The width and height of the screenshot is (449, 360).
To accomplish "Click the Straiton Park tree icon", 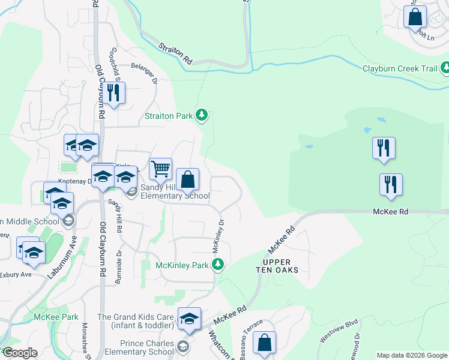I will pyautogui.click(x=203, y=115).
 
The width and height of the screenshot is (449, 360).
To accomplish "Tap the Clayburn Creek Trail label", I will pyautogui.click(x=400, y=68).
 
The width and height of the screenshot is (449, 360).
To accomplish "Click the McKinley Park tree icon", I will pyautogui.click(x=220, y=265).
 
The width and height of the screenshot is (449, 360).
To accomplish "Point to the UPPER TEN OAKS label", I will pyautogui.click(x=277, y=266).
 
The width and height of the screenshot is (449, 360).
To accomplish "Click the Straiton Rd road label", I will pyautogui.click(x=175, y=53).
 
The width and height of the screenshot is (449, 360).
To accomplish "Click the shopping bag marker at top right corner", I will pyautogui.click(x=415, y=17).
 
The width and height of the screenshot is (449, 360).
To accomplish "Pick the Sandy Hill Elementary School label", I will pyautogui.click(x=171, y=191).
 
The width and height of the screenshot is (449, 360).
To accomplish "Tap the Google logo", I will pyautogui.click(x=20, y=353).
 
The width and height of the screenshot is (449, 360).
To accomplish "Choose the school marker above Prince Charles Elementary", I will pyautogui.click(x=189, y=319).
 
